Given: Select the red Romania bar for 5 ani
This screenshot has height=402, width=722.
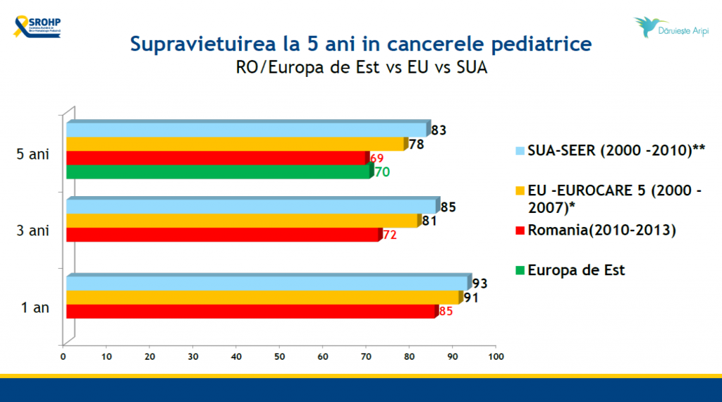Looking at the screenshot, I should click(x=216, y=158).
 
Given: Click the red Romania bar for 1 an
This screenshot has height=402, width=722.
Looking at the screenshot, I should click(x=250, y=311).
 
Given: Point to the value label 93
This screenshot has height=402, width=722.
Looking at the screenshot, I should click(x=480, y=284).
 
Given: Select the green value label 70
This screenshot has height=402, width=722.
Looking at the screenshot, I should click(x=382, y=171).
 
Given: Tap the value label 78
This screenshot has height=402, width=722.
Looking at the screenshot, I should click(x=417, y=144).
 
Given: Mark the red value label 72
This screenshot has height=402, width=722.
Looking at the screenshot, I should click(x=390, y=235).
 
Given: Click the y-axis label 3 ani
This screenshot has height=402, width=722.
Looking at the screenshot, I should click(x=33, y=231).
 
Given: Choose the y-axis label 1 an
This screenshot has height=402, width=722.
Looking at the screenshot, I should click(x=35, y=307).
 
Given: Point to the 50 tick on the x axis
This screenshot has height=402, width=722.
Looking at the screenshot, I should click(x=279, y=358).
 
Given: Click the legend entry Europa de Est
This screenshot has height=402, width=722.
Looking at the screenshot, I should click(x=576, y=269).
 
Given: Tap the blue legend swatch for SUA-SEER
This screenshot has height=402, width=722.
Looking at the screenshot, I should click(x=520, y=150).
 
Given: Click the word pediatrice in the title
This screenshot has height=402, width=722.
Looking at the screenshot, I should click(x=532, y=44).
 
